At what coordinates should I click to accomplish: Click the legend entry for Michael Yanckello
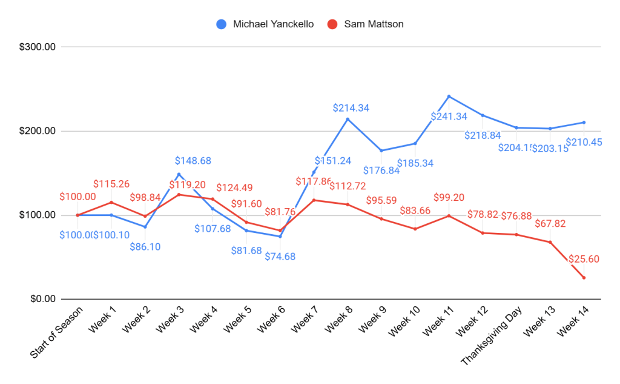pos(264,24)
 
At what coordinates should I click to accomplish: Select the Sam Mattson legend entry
pos(365,24)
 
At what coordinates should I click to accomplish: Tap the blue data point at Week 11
pos(449,96)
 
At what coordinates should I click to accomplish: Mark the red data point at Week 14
pos(584,278)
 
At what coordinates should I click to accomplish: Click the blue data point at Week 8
pos(348,119)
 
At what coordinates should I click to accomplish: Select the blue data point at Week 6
pos(280,236)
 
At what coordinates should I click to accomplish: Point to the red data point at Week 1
pos(111,202)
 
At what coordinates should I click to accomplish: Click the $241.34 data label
pos(449,116)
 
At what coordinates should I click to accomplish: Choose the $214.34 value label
pos(351,108)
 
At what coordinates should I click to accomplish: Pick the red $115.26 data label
pos(111,184)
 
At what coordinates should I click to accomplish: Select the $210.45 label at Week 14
pos(584,143)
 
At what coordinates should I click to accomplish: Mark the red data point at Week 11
pos(449,215)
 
